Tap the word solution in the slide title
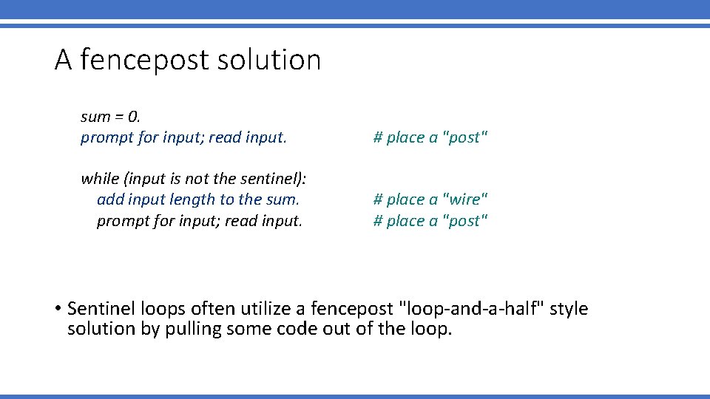(268, 60)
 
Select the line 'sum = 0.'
(111, 117)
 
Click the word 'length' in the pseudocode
(192, 199)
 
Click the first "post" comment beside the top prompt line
(430, 137)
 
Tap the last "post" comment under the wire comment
(430, 221)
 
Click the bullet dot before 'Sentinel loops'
(58, 309)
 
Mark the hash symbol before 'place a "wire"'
(378, 199)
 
